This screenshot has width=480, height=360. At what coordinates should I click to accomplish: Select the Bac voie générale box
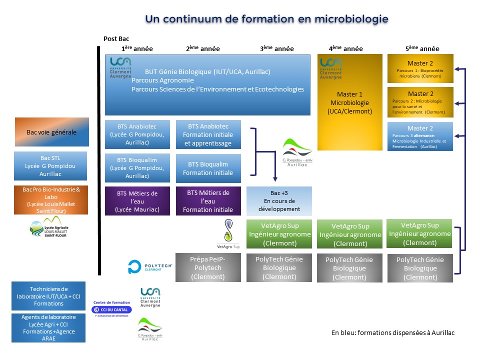pyautogui.click(x=52, y=132)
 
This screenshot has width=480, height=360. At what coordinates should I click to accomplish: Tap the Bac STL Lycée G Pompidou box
pyautogui.click(x=50, y=166)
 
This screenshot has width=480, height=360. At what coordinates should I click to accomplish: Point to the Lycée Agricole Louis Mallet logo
pyautogui.click(x=49, y=228)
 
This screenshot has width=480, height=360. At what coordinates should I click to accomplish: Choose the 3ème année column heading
pyautogui.click(x=276, y=48)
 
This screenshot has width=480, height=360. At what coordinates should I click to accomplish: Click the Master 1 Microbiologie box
pyautogui.click(x=350, y=102)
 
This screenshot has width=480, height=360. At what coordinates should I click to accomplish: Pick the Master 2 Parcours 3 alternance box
pyautogui.click(x=420, y=137)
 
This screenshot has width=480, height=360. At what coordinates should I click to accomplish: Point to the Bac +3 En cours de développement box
pyautogui.click(x=279, y=201)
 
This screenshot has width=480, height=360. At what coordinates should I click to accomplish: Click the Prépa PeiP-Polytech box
pyautogui.click(x=208, y=267)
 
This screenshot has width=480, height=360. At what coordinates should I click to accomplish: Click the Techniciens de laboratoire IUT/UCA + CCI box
pyautogui.click(x=48, y=296)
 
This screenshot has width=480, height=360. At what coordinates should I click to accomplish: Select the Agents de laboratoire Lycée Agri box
pyautogui.click(x=48, y=327)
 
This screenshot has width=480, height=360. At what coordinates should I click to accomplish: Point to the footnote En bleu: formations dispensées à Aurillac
pyautogui.click(x=393, y=333)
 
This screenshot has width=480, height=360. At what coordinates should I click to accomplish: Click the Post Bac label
pyautogui.click(x=116, y=38)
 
